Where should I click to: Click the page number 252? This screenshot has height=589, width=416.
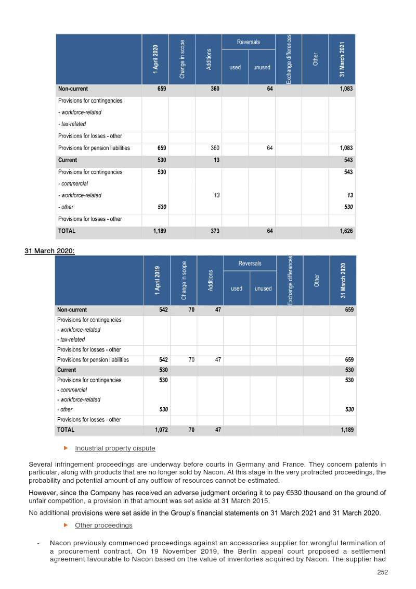tap(382, 572)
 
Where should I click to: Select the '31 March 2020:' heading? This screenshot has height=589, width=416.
tap(49, 251)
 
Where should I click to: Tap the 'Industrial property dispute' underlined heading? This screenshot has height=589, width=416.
tap(115, 448)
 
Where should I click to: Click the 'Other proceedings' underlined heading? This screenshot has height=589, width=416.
tap(103, 525)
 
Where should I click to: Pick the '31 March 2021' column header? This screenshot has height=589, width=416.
tap(342, 59)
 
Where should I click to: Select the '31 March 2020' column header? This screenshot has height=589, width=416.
tap(343, 280)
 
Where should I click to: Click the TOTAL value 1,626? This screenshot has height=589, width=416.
tap(346, 231)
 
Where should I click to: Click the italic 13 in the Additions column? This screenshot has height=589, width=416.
tap(216, 195)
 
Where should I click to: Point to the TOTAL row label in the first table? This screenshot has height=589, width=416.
tap(67, 231)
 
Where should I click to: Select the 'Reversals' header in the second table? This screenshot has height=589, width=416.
tap(250, 263)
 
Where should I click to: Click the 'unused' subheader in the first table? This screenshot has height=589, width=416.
tap(262, 67)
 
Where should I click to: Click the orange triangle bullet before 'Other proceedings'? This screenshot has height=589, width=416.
tap(66, 524)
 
